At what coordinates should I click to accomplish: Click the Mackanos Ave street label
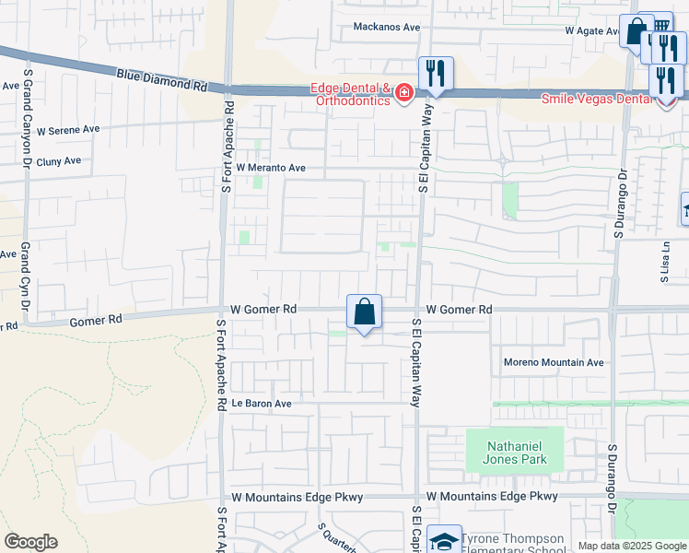386,27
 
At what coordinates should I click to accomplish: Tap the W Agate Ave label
596,30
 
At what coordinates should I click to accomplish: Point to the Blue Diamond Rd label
162,78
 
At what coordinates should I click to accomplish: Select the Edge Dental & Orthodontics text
350,95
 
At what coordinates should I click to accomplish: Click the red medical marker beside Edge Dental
403,93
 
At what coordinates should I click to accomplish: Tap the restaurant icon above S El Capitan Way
436,73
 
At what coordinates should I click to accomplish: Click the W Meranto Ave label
271,169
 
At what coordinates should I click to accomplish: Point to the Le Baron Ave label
262,404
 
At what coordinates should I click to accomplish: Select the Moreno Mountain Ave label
554,362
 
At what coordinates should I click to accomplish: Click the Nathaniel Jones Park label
514,453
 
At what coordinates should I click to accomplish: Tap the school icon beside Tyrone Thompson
445,541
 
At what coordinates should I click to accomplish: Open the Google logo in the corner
30,542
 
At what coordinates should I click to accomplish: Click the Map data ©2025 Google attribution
631,546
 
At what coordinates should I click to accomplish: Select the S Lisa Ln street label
664,261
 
